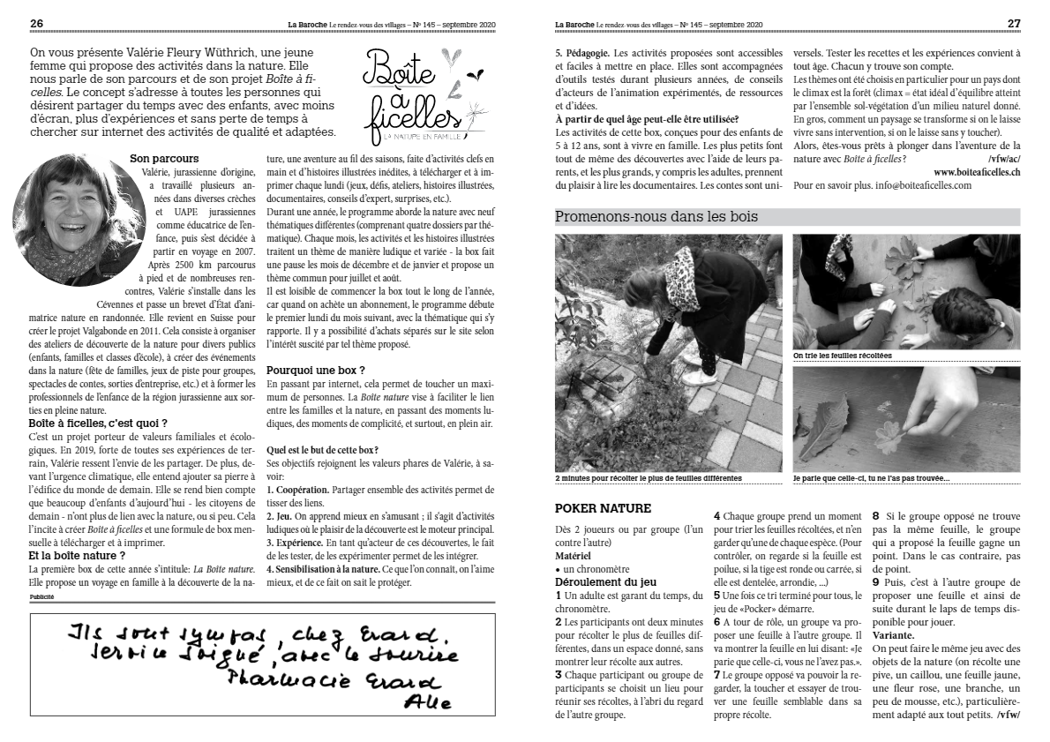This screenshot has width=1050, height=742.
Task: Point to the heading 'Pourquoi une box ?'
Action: click(x=315, y=370)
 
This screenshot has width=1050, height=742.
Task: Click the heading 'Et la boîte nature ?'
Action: click(x=78, y=556)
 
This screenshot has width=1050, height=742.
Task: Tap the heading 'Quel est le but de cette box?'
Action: click(x=322, y=449)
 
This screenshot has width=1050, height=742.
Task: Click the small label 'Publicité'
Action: click(x=41, y=597)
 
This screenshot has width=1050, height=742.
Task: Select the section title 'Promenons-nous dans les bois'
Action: click(x=656, y=216)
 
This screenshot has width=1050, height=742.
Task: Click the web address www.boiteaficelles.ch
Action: click(x=977, y=172)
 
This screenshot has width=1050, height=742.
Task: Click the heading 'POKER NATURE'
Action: click(x=603, y=508)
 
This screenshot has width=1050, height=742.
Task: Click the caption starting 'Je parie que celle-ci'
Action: click(x=870, y=478)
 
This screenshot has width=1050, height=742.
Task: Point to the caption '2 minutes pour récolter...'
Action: click(x=649, y=478)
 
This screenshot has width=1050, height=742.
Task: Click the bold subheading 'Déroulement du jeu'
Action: click(x=605, y=582)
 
